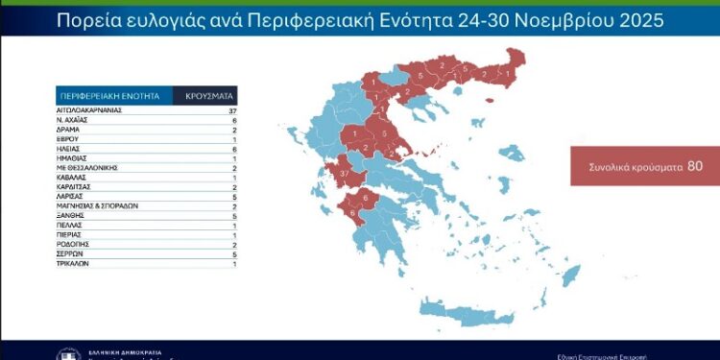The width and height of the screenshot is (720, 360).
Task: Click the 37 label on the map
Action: pyautogui.click(x=345, y=172)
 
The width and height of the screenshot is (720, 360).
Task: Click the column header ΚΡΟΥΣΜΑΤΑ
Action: pyautogui.click(x=204, y=96)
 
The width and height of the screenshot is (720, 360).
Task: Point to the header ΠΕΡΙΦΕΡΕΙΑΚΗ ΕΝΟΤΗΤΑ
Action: pyautogui.click(x=112, y=96)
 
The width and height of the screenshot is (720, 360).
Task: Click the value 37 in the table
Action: pyautogui.click(x=231, y=111)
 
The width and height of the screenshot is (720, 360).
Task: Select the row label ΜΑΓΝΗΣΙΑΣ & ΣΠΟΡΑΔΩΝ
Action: pyautogui.click(x=98, y=205)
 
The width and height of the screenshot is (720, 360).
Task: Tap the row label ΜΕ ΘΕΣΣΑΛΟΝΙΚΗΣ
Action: pyautogui.click(x=89, y=168)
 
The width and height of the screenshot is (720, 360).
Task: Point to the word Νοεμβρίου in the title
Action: pyautogui.click(x=538, y=19)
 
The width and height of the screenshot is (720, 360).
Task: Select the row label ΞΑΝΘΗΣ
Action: pyautogui.click(x=70, y=215)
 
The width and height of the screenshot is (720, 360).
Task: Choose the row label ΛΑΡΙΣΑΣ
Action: pyautogui.click(x=72, y=196)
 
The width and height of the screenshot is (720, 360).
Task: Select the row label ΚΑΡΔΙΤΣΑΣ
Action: pyautogui.click(x=76, y=187)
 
